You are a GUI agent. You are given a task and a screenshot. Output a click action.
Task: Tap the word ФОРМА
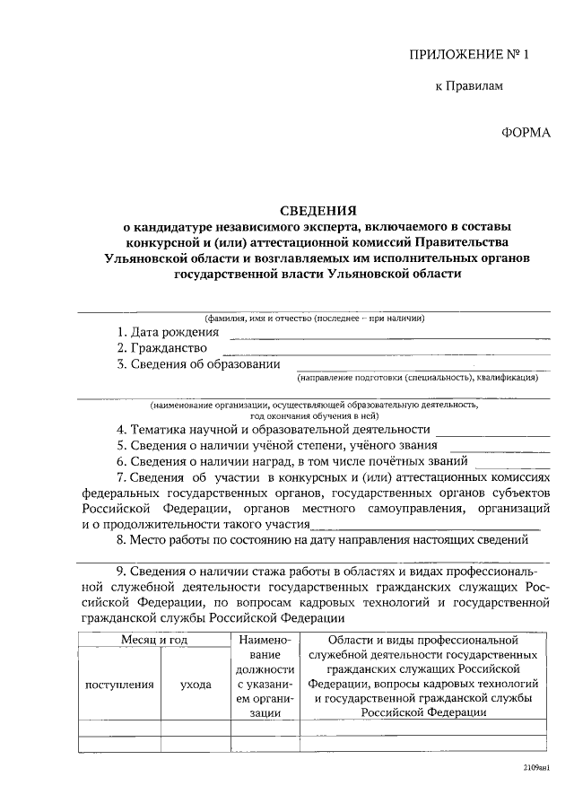tap(525, 132)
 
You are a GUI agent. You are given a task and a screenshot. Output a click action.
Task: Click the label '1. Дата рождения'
tap(168, 333)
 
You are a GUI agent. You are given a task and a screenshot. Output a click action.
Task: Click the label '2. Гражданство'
tap(162, 348)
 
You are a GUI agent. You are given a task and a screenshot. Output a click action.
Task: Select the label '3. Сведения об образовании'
tap(198, 363)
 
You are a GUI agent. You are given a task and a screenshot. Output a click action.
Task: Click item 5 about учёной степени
tap(276, 445)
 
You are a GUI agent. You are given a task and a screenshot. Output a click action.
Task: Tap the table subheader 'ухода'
tap(196, 684)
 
